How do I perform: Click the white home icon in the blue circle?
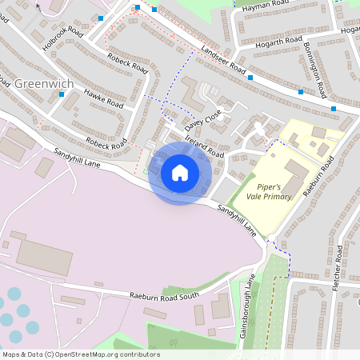180,173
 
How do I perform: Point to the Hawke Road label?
103,99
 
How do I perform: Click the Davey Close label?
202,122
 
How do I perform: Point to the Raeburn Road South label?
164,296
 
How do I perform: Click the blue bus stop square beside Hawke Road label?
62,94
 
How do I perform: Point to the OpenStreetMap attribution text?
81,354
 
